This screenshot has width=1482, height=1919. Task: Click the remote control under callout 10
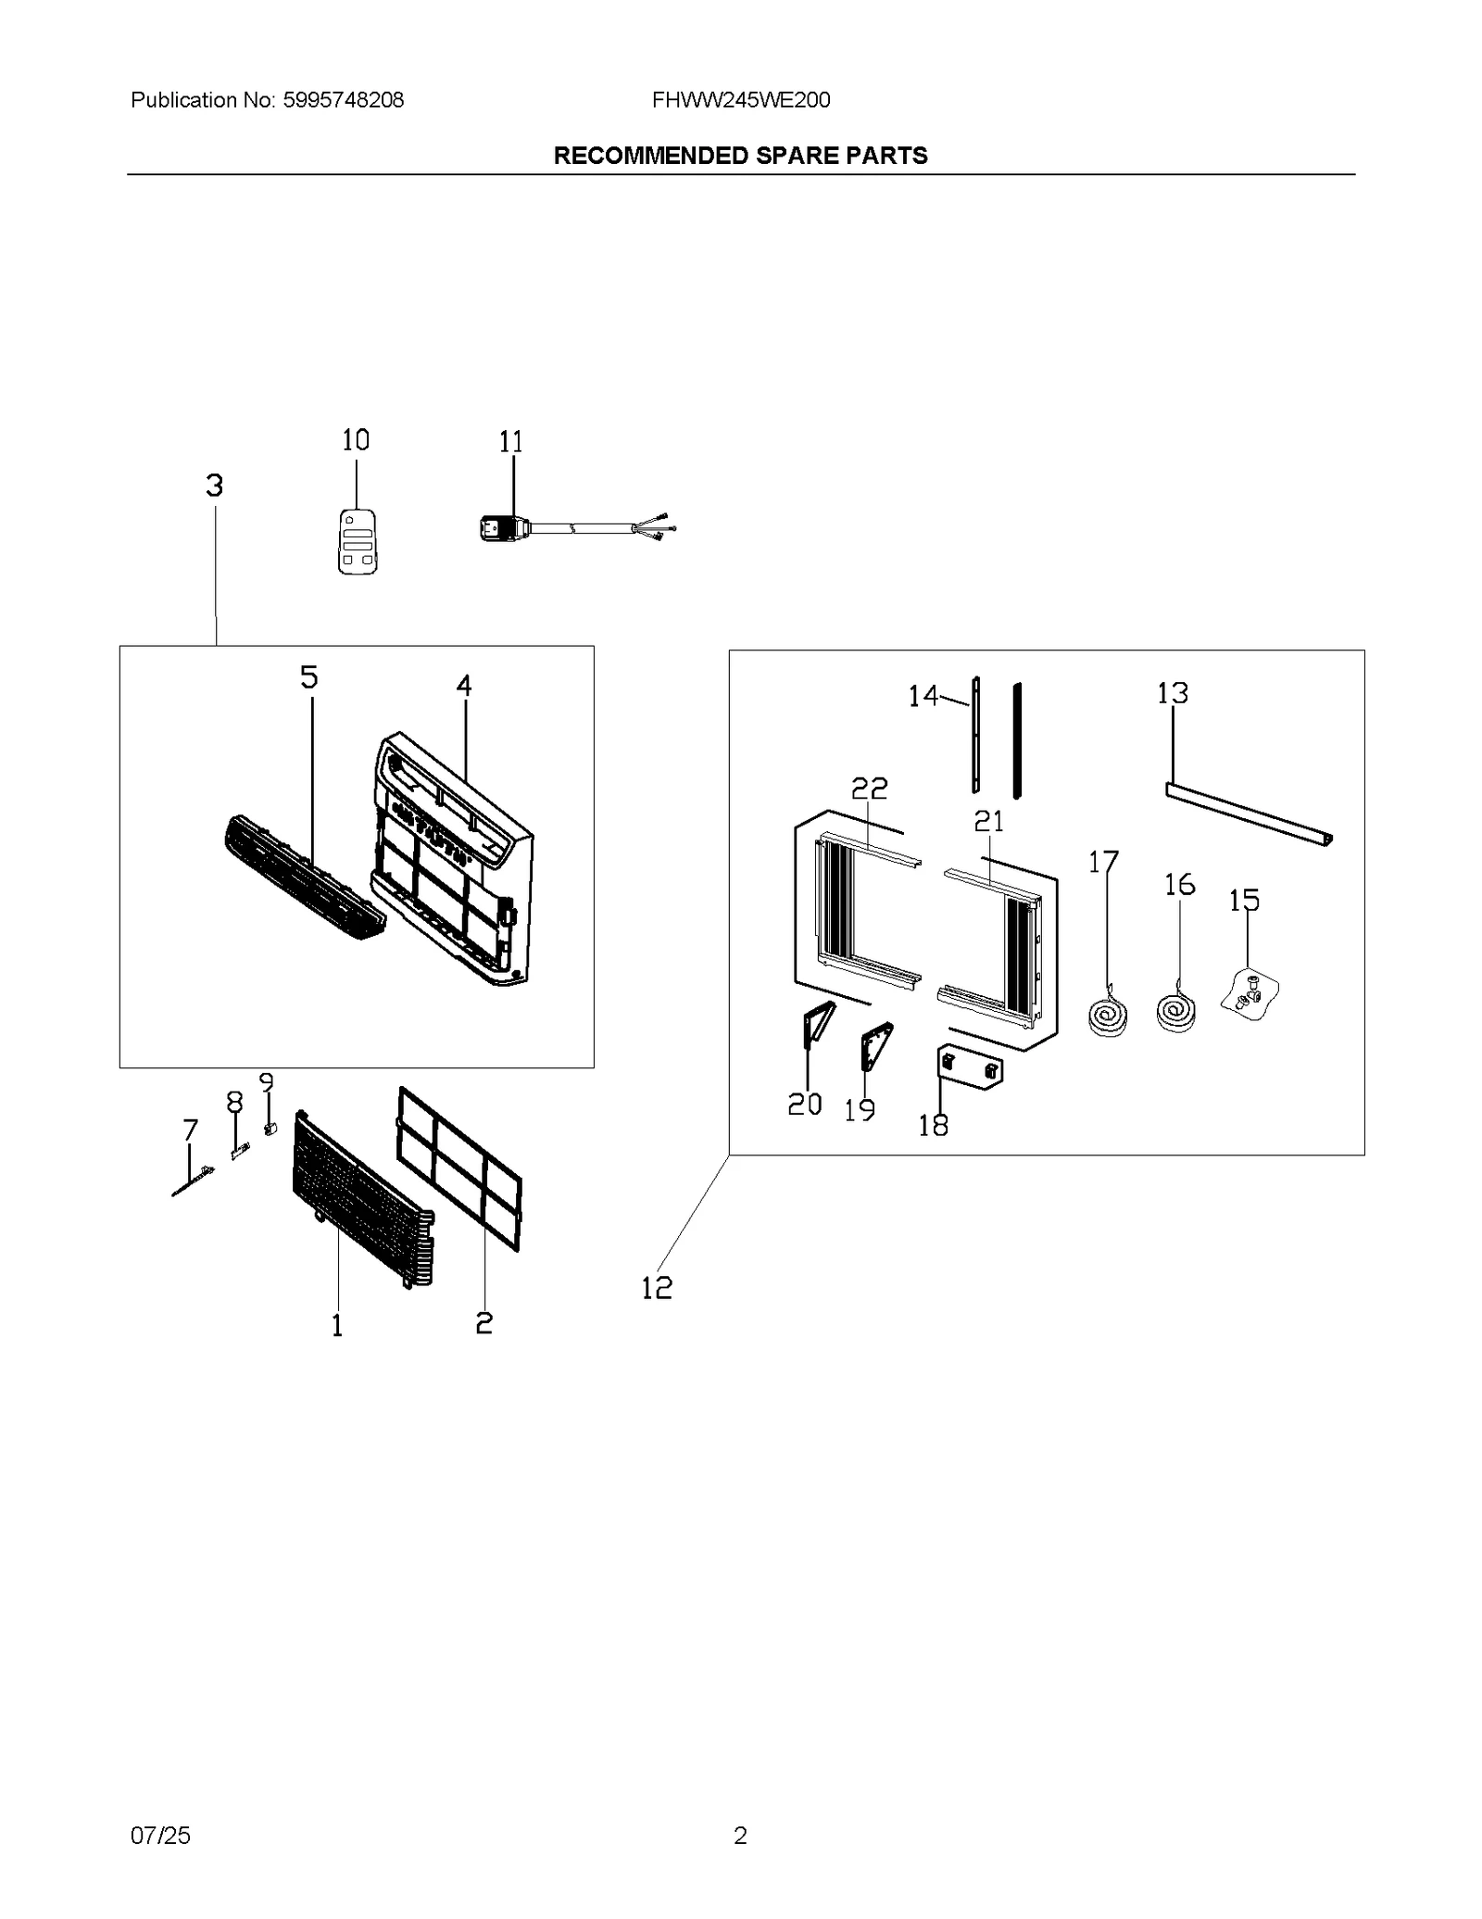358,542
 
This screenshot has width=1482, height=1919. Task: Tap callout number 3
214,486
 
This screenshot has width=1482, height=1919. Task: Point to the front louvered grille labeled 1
361,1203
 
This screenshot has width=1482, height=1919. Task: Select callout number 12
657,1287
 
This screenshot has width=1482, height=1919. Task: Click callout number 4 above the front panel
463,686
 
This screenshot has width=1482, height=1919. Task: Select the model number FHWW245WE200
740,100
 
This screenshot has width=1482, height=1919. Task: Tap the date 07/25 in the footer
160,1835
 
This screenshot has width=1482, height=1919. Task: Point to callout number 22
869,788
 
